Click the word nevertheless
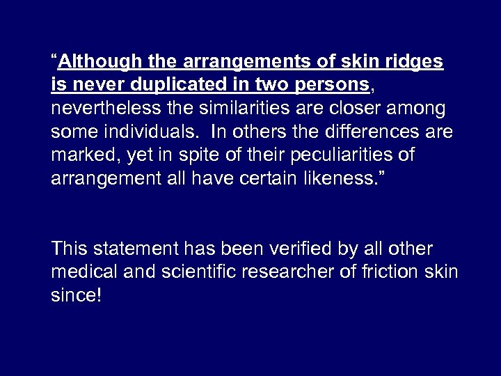(98, 109)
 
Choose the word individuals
(162, 132)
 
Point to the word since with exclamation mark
(77, 295)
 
